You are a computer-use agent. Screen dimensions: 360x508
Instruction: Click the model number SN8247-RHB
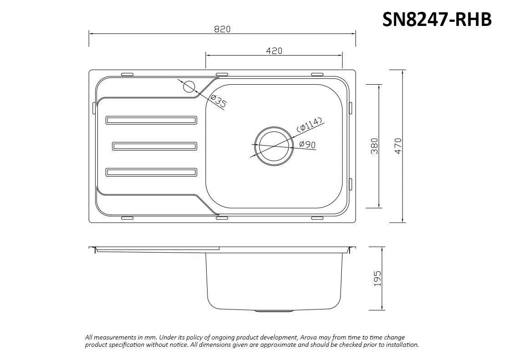pos(437,19)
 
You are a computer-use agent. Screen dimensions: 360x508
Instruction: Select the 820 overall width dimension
pos(222,29)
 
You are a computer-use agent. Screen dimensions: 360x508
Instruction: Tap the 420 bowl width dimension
pos(274,51)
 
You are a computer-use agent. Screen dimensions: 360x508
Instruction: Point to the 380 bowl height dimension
pos(375,146)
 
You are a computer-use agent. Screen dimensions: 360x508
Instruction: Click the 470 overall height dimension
pos(398,146)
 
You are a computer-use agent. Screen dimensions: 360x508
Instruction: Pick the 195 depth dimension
pos(377,278)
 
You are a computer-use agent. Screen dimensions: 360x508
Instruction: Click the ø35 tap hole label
pos(219,101)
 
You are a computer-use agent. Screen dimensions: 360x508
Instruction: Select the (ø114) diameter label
pos(310,124)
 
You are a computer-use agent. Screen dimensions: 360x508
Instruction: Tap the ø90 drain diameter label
pos(308,144)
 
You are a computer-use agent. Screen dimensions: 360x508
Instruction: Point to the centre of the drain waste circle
pos(273,145)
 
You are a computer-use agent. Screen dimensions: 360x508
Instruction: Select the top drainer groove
pos(152,120)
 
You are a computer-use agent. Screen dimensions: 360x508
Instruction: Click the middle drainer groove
pos(155,146)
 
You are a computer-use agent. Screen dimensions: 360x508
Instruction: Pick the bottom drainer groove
pos(152,172)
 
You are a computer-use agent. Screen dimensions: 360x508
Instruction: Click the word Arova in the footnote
pos(307,337)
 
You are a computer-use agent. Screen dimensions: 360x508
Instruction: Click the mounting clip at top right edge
pos(317,74)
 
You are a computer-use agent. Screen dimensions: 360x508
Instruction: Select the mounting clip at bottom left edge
pos(127,218)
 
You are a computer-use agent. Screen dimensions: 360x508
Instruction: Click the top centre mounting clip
pos(222,74)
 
